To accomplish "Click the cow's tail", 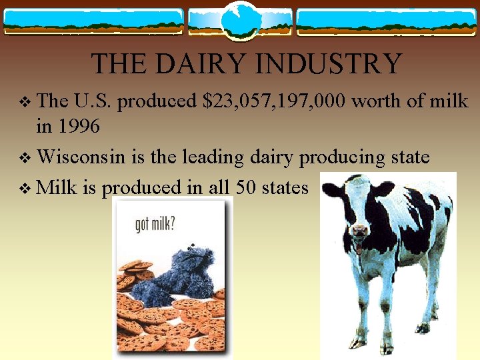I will [x=443, y=240].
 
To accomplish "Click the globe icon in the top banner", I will [x=239, y=21].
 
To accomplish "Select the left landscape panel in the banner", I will [x=93, y=21].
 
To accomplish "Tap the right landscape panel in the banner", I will [x=387, y=21].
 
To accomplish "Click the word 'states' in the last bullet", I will [x=285, y=187].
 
